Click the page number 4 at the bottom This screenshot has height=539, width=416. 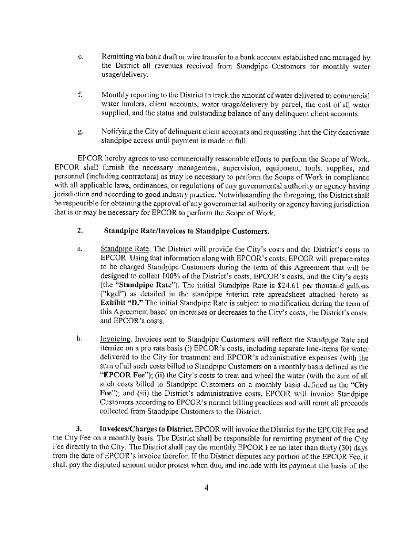(207, 487)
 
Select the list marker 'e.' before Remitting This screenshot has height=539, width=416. (79, 57)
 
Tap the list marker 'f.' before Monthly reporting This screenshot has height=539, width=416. (78, 95)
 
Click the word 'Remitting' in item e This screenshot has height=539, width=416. (118, 57)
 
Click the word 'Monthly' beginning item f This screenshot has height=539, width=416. (116, 95)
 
